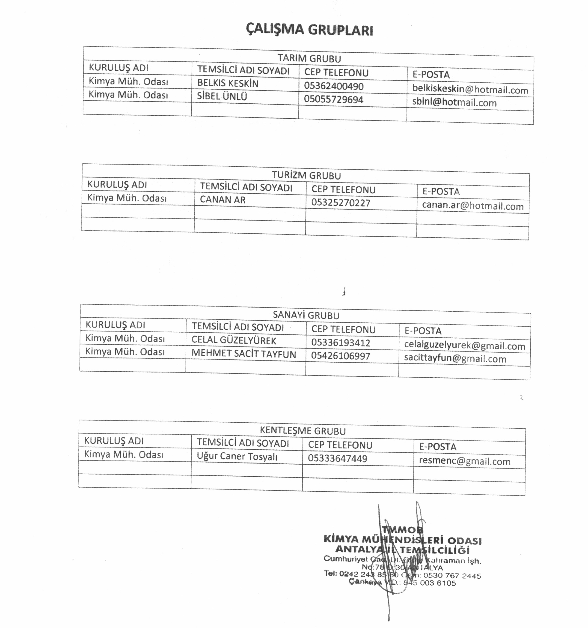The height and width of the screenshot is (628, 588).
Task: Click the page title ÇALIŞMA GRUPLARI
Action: tap(309, 30)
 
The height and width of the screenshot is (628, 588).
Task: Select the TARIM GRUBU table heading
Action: tap(309, 58)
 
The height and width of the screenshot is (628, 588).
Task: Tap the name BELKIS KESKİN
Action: tap(228, 83)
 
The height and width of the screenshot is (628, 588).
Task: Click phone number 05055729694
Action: tap(334, 99)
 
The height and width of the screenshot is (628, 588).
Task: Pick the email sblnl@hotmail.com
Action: tap(454, 102)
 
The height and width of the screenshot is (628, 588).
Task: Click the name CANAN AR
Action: tap(223, 200)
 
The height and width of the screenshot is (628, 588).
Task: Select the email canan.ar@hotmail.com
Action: tap(472, 206)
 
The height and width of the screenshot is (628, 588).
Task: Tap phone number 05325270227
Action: tap(341, 202)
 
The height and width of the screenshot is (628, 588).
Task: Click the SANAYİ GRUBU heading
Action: tap(306, 315)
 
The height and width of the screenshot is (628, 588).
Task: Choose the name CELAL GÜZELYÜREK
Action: tap(234, 340)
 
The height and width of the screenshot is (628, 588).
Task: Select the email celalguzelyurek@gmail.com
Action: tap(464, 345)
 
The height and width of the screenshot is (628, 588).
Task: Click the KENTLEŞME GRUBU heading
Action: tap(303, 431)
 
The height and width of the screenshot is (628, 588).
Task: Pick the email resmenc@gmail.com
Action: tap(464, 461)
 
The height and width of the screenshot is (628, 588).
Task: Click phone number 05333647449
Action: tap(337, 458)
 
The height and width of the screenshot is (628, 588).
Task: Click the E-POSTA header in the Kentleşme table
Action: tap(437, 447)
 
